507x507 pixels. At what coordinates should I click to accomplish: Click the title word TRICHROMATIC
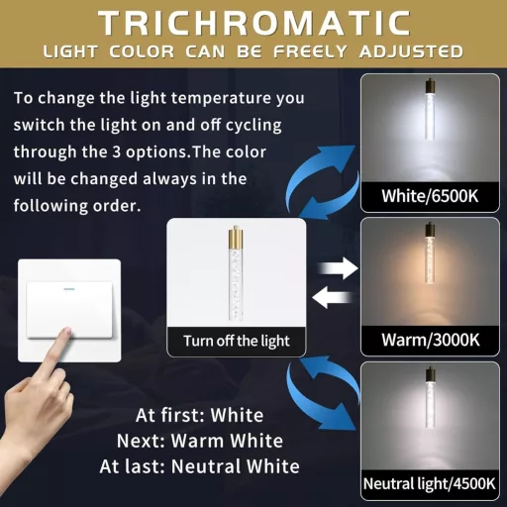[x=254, y=23]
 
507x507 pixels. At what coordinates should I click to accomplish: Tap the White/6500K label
[x=430, y=196]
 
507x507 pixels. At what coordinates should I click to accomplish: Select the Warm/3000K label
[x=431, y=340]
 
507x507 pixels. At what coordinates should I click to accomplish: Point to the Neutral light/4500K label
[x=430, y=484]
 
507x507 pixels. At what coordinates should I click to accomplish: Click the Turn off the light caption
[x=237, y=341]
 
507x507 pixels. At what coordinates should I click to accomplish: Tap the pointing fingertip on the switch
[x=67, y=331]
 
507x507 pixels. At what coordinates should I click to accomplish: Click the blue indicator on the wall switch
[x=68, y=289]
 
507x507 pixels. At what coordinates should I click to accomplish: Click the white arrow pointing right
[x=339, y=268]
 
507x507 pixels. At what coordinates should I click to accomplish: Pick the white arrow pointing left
[x=332, y=297]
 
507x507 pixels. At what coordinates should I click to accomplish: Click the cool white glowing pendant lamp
[x=430, y=110]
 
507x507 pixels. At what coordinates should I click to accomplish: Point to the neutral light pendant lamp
[x=430, y=398]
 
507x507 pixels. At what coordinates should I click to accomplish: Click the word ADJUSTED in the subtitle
[x=411, y=51]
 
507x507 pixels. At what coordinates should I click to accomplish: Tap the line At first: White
[x=200, y=415]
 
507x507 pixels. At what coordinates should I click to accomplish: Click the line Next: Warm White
[x=200, y=441]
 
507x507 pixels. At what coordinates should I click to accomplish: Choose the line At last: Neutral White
[x=200, y=466]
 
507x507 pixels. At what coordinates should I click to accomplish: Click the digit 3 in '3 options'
[x=117, y=152]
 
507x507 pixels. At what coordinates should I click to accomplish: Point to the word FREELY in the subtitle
[x=310, y=51]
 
